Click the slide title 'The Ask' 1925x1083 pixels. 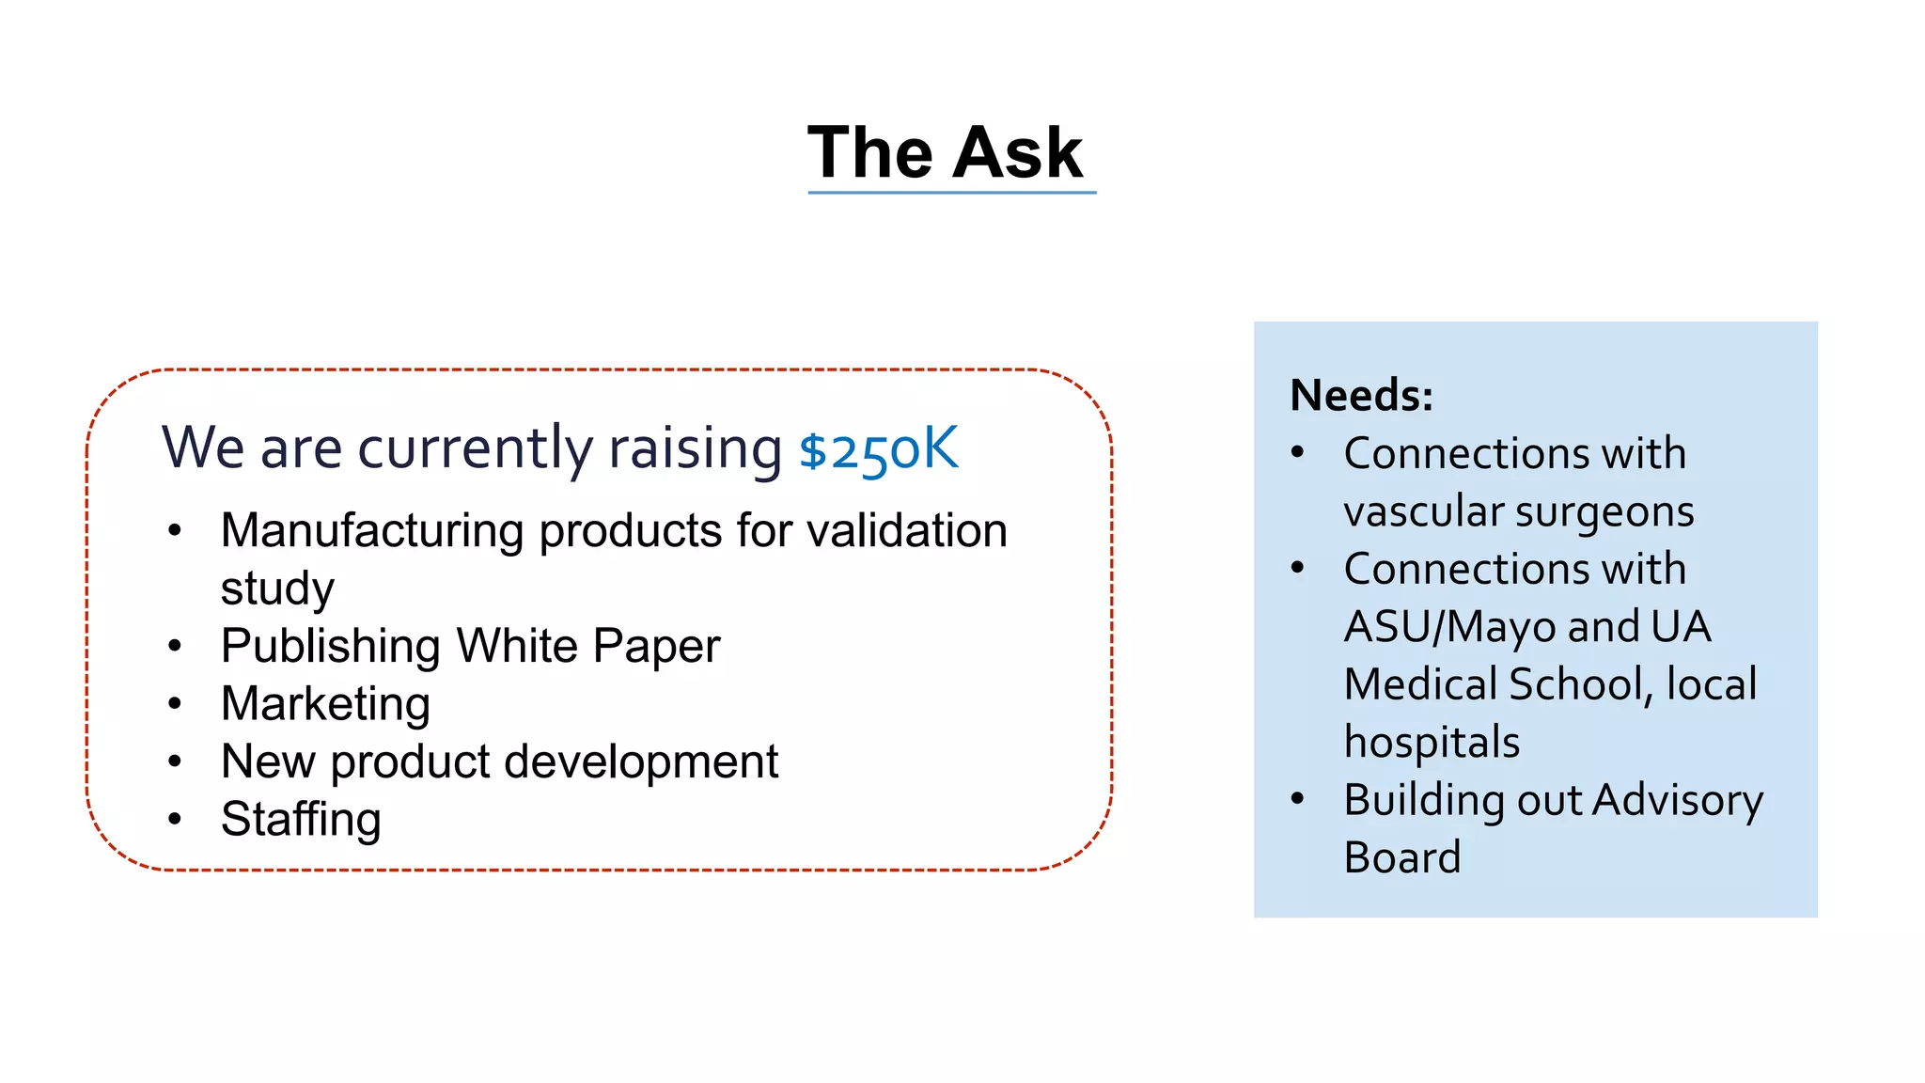945,152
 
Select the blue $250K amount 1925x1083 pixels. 878,449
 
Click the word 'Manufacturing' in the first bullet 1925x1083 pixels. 371,530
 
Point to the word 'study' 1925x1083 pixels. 277,589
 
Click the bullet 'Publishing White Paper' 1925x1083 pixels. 470,646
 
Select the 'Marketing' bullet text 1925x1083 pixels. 325,703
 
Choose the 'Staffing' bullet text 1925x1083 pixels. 301,819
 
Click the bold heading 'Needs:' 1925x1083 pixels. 1361,395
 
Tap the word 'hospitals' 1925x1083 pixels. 1432,743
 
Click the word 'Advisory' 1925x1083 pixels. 1678,801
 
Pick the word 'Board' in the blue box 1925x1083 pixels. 1401,857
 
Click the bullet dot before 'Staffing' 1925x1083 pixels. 175,819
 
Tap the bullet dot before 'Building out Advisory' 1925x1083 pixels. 1298,799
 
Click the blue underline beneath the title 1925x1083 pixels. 951,193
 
